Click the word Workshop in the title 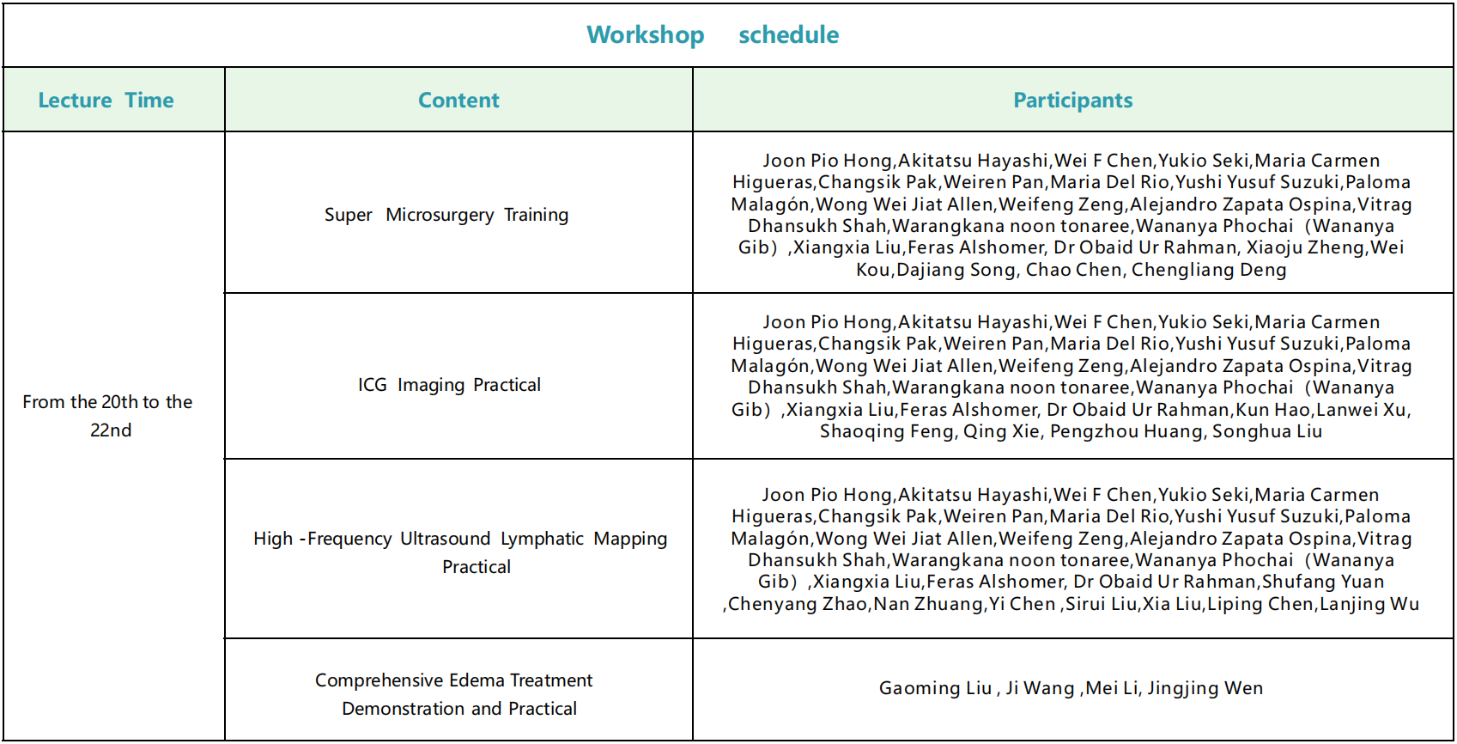646,35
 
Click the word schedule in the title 788,35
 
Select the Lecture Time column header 106,101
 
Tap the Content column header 458,101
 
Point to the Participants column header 1072,101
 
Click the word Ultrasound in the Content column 445,539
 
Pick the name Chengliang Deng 1209,270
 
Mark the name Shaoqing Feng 887,431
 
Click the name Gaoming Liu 935,688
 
